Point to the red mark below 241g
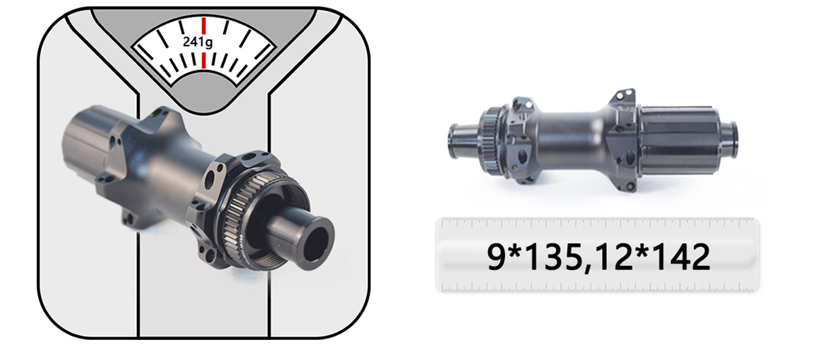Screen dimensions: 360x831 204,60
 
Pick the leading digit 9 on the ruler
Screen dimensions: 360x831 497,257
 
